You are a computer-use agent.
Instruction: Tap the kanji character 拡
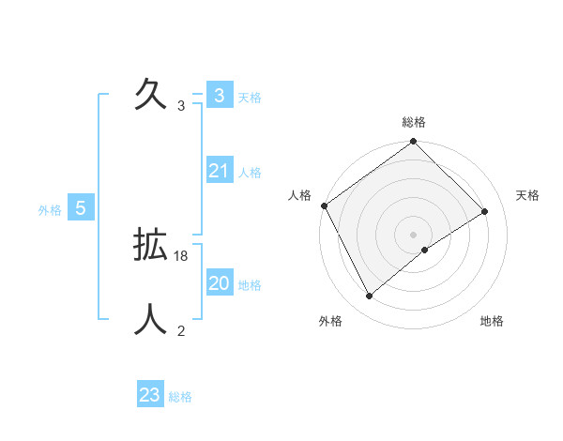[x=151, y=245]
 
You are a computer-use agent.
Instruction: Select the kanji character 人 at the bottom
[x=151, y=320]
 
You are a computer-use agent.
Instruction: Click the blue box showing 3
[x=219, y=96]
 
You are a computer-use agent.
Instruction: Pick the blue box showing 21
[x=219, y=171]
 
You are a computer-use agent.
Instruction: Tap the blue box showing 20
[x=219, y=283]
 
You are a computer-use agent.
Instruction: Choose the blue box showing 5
[x=81, y=208]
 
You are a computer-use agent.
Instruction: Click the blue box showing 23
[x=149, y=395]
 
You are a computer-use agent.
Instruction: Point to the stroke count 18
[x=182, y=255]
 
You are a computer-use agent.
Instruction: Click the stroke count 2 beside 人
[x=181, y=330]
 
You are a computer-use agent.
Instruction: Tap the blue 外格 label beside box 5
[x=50, y=210]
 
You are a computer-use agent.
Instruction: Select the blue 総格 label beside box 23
[x=180, y=397]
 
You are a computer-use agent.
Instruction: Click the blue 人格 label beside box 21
[x=250, y=173]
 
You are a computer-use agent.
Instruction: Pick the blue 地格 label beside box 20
[x=250, y=285]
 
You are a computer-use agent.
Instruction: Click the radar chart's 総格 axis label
[x=414, y=122]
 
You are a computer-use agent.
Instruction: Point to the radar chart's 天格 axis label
[x=527, y=195]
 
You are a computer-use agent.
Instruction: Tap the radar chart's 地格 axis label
[x=492, y=322]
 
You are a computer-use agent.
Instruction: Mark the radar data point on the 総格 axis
[x=414, y=142]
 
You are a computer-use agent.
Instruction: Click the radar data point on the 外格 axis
[x=370, y=297]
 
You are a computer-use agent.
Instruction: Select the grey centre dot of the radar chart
[x=414, y=234]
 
